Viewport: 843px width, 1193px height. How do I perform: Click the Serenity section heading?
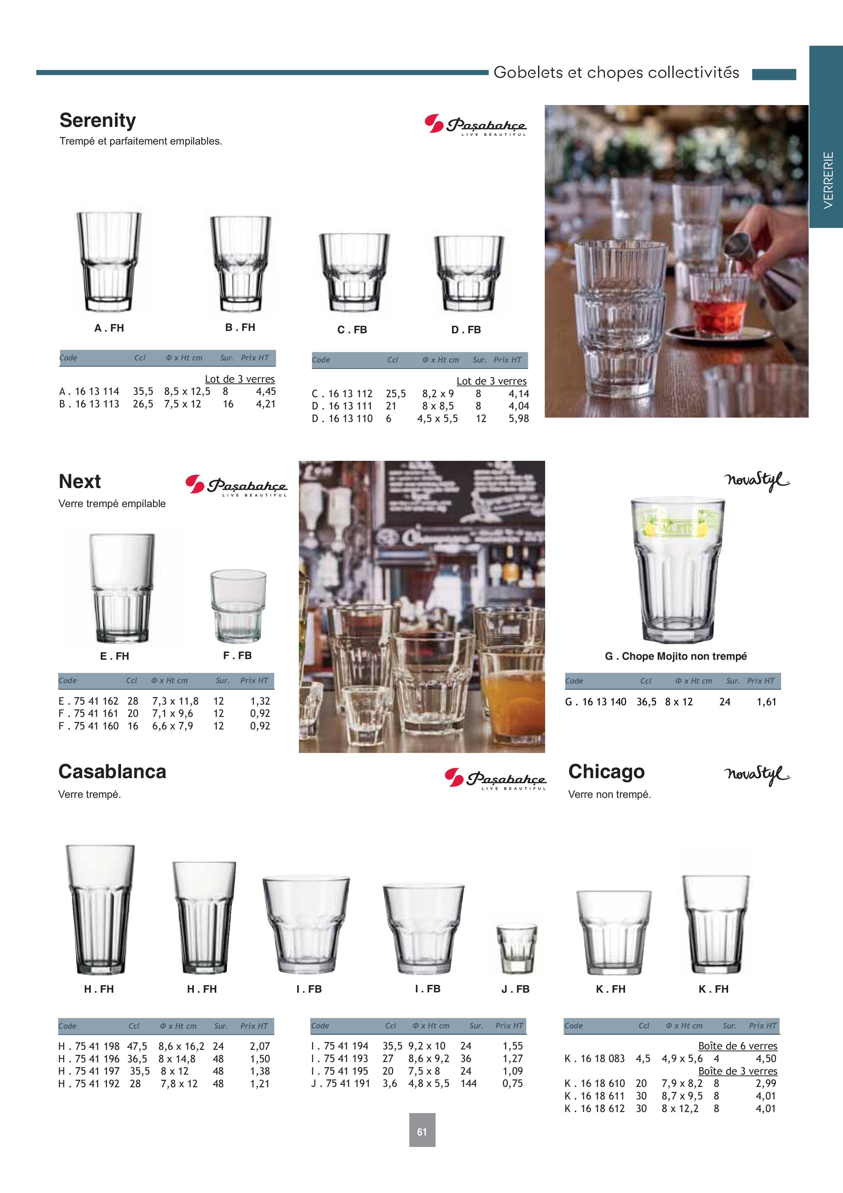point(98,120)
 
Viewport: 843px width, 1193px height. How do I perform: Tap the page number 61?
point(422,1132)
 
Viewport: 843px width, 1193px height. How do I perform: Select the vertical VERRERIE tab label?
point(828,180)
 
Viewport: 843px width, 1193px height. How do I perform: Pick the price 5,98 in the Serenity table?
point(518,418)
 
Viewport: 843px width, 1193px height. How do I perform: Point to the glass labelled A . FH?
point(109,262)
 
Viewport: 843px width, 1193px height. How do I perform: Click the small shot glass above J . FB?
point(516,949)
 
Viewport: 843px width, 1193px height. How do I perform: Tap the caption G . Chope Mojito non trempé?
point(676,656)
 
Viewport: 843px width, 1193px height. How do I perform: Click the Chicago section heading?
point(606,772)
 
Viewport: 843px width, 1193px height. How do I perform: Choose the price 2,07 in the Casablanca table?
point(260,1046)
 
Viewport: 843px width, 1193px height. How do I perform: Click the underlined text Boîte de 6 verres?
point(738,1046)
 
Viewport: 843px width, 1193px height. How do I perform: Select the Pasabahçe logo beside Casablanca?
point(495,778)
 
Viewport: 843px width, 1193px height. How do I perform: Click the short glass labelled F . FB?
point(238,606)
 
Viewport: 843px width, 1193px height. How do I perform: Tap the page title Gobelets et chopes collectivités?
point(616,72)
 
